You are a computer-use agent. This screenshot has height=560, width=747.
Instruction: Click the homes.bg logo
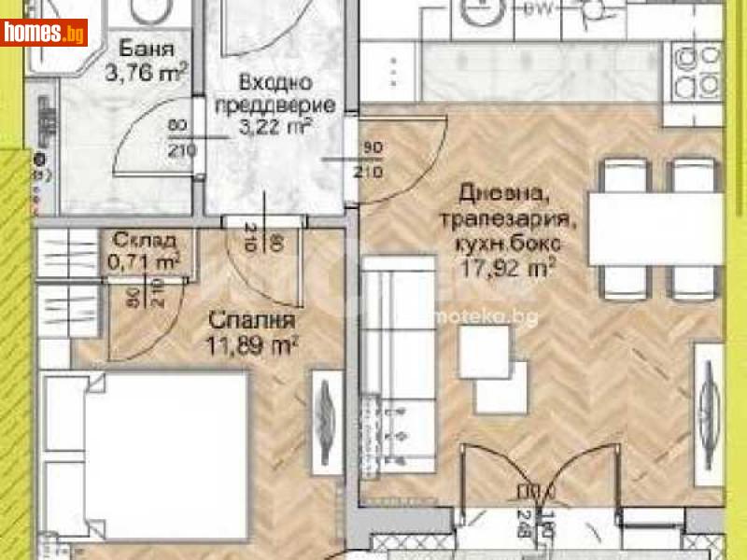[x=45, y=32]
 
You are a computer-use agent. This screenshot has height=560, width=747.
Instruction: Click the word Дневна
[x=488, y=193]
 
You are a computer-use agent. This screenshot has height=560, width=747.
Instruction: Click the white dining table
[x=654, y=228]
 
